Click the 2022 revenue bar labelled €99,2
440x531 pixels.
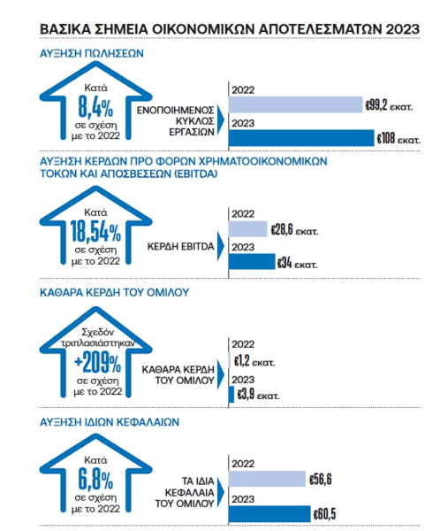click(296, 104)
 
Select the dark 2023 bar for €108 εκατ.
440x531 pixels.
click(301, 138)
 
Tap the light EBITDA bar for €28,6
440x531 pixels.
click(248, 229)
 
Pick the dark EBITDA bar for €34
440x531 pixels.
click(252, 261)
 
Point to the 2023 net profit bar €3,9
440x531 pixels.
click(231, 394)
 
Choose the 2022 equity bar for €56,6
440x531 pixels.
click(267, 479)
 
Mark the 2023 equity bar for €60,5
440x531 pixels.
click(269, 513)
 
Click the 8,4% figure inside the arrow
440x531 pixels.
click(95, 106)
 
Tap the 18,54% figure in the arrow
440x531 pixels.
click(95, 232)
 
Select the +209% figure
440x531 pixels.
click(97, 362)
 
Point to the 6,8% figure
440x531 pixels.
click(95, 479)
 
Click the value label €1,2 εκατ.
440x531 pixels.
click(254, 361)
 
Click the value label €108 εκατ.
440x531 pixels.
click(398, 139)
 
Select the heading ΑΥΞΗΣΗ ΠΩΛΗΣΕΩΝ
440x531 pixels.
click(92, 53)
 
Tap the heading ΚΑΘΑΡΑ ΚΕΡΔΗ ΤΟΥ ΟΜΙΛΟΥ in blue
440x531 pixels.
click(114, 292)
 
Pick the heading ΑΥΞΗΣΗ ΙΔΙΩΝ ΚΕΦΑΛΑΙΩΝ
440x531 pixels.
click(110, 422)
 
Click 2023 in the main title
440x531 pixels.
click(403, 29)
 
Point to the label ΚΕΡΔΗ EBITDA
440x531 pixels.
click(180, 246)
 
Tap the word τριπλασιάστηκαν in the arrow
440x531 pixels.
click(97, 342)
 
